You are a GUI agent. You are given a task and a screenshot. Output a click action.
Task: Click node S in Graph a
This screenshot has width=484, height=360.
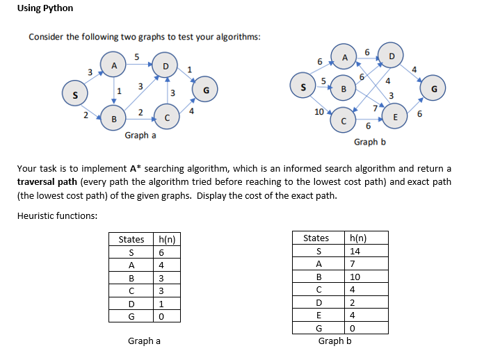tap(71, 92)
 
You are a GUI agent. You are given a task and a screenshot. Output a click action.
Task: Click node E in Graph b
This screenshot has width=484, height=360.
tap(396, 117)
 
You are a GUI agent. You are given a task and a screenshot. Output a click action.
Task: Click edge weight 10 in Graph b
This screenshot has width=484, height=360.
tap(318, 111)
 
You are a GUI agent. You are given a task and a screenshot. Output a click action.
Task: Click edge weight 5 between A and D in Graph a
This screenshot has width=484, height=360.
tap(137, 56)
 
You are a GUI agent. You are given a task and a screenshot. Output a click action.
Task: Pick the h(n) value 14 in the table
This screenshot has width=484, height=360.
tap(355, 251)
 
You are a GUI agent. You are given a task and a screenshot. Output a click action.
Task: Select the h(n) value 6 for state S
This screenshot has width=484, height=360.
tap(162, 252)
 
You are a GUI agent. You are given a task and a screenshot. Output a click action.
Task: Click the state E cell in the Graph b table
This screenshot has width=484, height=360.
tap(318, 314)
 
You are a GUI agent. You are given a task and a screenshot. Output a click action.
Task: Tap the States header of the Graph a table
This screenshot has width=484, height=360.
tap(131, 239)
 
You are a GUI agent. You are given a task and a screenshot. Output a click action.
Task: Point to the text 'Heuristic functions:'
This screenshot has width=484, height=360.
tap(57, 215)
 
